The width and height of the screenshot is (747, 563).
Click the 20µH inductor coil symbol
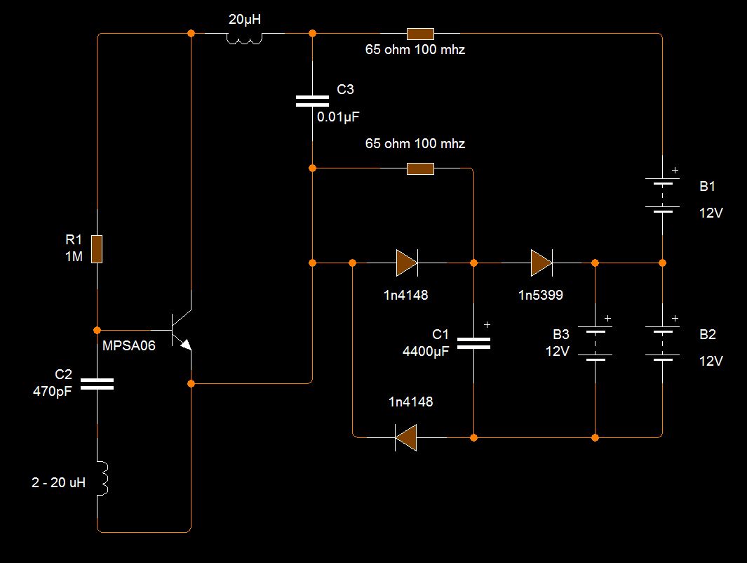pos(244,38)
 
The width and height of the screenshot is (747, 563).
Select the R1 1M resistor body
pos(97,249)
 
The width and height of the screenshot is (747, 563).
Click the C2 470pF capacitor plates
pos(97,384)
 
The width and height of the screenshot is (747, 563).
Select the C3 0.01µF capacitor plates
pos(313,101)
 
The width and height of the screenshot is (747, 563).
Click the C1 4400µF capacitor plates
pos(473,343)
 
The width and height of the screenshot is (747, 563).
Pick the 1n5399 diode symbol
pos(541,263)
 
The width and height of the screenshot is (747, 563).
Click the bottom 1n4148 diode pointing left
pos(406,437)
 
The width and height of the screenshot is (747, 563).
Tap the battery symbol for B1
pos(662,195)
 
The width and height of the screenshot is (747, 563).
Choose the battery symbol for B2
pos(662,344)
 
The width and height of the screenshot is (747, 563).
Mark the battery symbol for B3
pos(595,344)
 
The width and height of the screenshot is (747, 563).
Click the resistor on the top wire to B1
pos(420,34)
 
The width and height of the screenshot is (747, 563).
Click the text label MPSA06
pos(128,345)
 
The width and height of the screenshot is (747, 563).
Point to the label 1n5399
pos(541,295)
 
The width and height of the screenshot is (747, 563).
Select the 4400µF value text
pos(426,352)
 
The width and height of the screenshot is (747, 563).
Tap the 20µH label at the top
pos(245,20)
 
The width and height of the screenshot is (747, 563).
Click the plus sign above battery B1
pos(675,170)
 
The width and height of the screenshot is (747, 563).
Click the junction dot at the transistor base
pos(97,330)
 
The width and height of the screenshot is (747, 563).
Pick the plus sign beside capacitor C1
pos(487,324)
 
